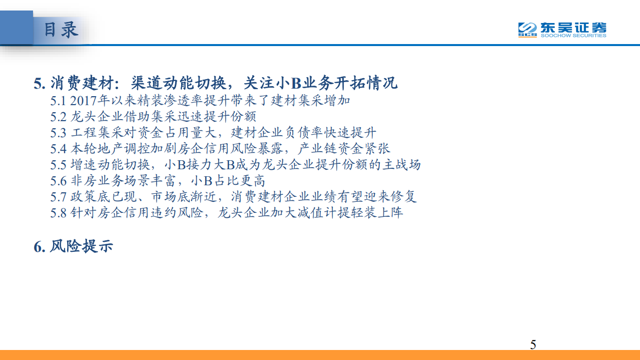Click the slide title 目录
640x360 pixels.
(61, 29)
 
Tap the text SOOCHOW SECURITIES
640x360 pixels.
(573, 36)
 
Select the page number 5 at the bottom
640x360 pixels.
(533, 344)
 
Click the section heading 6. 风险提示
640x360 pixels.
(73, 246)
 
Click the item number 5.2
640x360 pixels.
(58, 117)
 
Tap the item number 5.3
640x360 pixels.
(58, 133)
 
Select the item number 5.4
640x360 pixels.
(58, 149)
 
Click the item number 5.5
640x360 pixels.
(58, 165)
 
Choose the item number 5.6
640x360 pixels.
(58, 181)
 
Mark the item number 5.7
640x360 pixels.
(58, 197)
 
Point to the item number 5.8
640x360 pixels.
(58, 213)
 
